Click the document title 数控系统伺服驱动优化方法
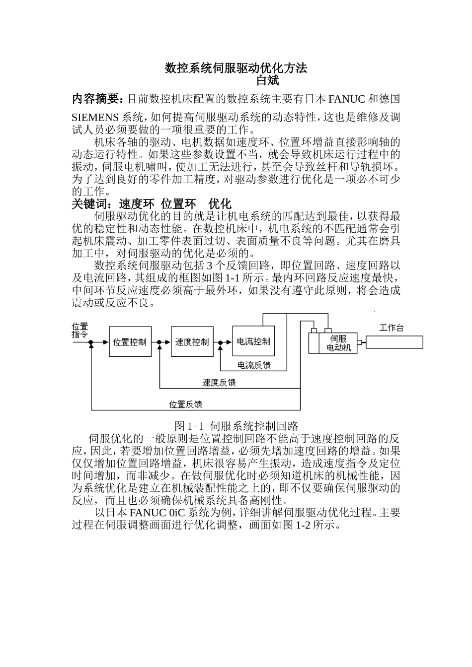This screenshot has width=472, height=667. [x=236, y=68]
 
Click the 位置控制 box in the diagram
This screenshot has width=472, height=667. [x=130, y=341]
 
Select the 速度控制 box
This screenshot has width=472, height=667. [x=192, y=341]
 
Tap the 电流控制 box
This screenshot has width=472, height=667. [x=253, y=341]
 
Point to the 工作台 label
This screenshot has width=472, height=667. [x=392, y=328]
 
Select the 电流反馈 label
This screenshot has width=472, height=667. [x=254, y=366]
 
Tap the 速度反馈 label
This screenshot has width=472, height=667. [x=219, y=383]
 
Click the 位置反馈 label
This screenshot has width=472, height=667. [x=186, y=404]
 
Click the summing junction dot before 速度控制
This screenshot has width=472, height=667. [x=159, y=342]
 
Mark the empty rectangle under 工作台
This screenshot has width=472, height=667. [x=394, y=342]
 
